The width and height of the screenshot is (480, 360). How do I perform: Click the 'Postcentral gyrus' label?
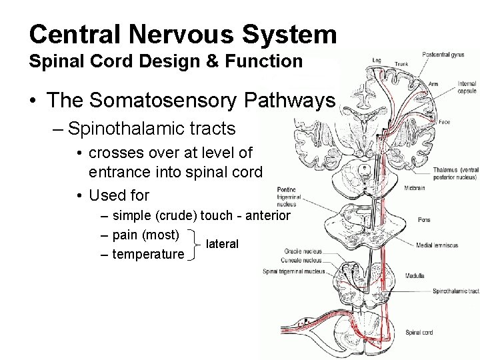[x=443, y=55]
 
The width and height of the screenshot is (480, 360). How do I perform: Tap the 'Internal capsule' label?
[x=467, y=87]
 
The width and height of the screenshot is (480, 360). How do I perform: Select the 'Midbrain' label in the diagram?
[x=414, y=188]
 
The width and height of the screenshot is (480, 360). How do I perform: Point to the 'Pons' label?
[x=424, y=220]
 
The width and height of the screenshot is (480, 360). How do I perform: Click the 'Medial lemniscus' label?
[x=437, y=245]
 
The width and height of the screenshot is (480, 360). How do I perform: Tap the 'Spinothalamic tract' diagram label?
[x=455, y=291]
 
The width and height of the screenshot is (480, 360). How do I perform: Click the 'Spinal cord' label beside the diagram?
[x=419, y=332]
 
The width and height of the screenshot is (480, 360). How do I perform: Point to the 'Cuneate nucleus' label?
[x=303, y=261]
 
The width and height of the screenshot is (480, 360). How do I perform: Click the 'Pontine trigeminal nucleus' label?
[x=289, y=197]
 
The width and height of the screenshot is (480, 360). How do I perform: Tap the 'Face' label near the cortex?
[x=443, y=122]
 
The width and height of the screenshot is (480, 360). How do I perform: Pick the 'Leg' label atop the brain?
[x=377, y=61]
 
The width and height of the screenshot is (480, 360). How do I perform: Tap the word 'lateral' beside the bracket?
[x=222, y=244]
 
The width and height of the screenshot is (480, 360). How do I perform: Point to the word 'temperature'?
[x=148, y=254]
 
